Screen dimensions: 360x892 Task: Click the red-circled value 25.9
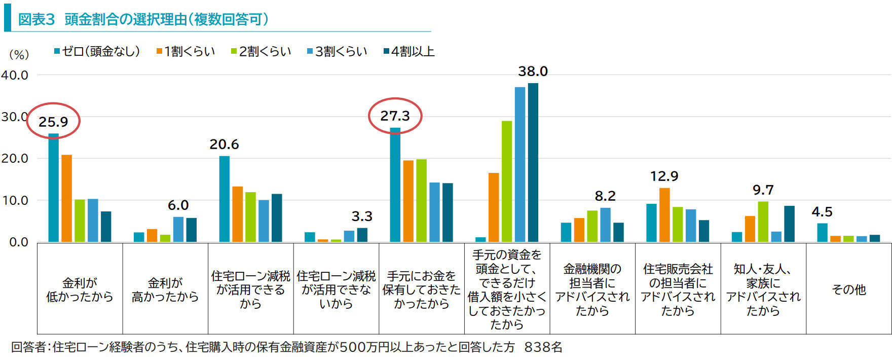click(x=53, y=122)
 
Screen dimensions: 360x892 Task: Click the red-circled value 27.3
click(x=395, y=116)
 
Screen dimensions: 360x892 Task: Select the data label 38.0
click(x=533, y=71)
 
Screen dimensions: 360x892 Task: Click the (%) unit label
click(x=19, y=54)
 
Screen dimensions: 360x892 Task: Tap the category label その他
click(x=848, y=290)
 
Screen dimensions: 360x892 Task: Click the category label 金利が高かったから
click(x=165, y=290)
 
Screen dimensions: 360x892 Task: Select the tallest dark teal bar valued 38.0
click(x=533, y=162)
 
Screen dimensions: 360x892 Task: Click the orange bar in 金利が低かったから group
click(x=66, y=198)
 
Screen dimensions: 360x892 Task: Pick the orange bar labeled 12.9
click(x=664, y=214)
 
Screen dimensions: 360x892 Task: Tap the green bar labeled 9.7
click(x=763, y=222)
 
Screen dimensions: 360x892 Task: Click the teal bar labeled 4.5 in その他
click(x=822, y=232)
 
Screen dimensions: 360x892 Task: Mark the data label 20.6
click(x=224, y=145)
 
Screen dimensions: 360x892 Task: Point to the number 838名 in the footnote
click(x=543, y=347)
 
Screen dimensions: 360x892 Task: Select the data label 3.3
click(x=362, y=217)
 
